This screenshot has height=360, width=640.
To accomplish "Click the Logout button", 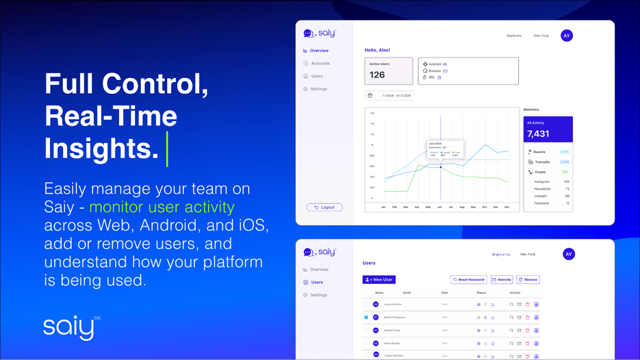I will (324, 207).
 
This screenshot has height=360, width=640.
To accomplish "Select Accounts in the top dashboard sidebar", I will (320, 64).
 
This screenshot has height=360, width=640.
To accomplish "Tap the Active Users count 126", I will (377, 75).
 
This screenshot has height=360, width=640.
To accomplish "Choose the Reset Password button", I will (469, 280).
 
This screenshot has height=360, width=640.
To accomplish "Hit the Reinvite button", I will (502, 280).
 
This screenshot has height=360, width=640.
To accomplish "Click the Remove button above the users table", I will (528, 280).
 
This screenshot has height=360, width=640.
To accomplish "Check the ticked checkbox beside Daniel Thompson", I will (366, 318).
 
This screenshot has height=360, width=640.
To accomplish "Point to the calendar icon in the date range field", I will (370, 96).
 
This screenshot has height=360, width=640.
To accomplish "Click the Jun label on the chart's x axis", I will (439, 207).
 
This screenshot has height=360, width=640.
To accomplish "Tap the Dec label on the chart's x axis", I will (507, 207).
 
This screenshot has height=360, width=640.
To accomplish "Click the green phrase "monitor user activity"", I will (162, 207).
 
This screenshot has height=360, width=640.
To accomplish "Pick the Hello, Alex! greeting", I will (377, 50).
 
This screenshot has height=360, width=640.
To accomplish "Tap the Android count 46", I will (444, 64).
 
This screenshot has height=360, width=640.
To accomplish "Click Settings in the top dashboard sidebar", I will (318, 89).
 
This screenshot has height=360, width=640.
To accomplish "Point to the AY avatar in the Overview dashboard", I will (566, 36).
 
